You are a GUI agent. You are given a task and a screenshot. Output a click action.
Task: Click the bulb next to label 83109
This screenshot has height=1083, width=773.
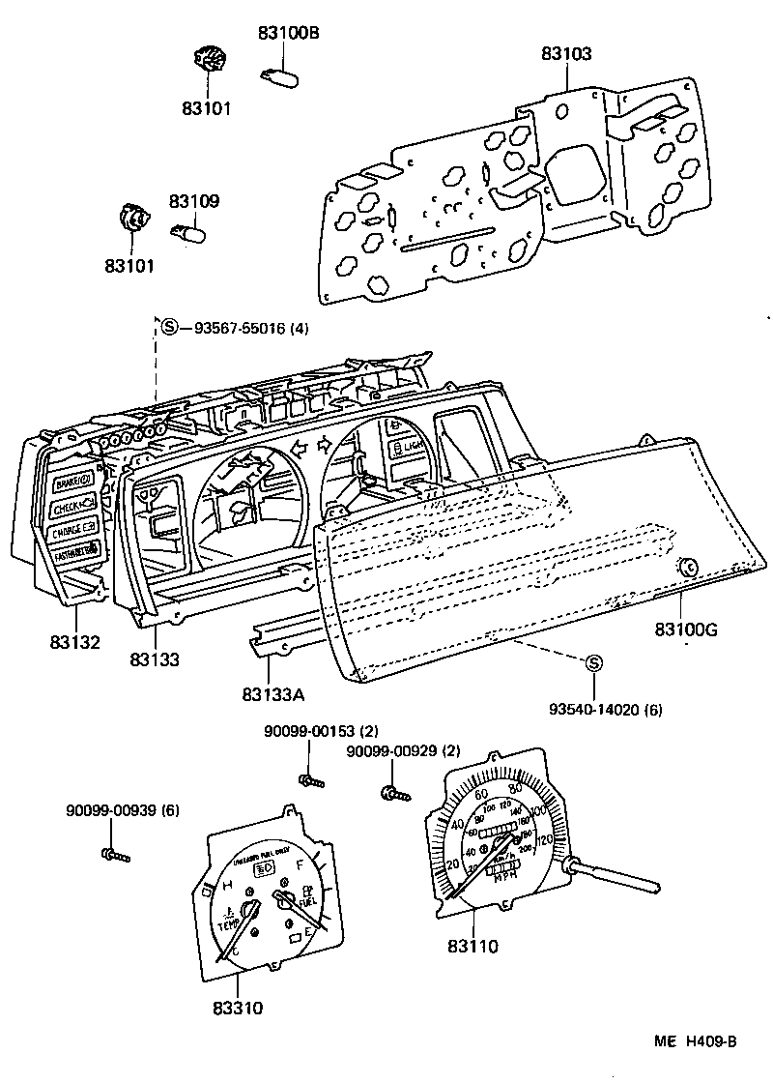click(x=189, y=234)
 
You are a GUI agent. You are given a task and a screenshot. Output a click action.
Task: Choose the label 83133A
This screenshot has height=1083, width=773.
click(x=273, y=693)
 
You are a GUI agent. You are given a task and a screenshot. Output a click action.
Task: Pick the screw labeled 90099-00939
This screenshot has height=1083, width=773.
click(x=114, y=854)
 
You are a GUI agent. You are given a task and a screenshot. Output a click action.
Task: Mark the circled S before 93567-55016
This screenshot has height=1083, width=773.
click(x=169, y=327)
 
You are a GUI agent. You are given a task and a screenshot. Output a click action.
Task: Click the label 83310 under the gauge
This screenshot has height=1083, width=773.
click(x=238, y=1009)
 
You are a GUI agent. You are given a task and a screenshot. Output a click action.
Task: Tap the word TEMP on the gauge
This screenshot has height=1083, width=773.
click(x=228, y=924)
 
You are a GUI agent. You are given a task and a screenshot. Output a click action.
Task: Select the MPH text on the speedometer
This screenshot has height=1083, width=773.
click(x=505, y=877)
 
